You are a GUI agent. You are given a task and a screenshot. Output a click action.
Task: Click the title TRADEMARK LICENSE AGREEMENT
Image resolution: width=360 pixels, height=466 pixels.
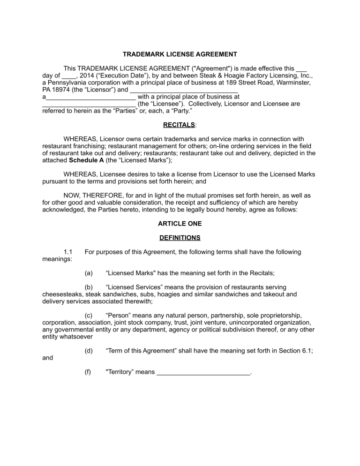point(180,54)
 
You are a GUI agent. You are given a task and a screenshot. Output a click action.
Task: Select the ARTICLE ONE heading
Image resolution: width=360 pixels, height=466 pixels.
point(180,224)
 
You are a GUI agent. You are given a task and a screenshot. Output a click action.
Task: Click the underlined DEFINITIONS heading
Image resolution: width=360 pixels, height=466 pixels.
point(180,238)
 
